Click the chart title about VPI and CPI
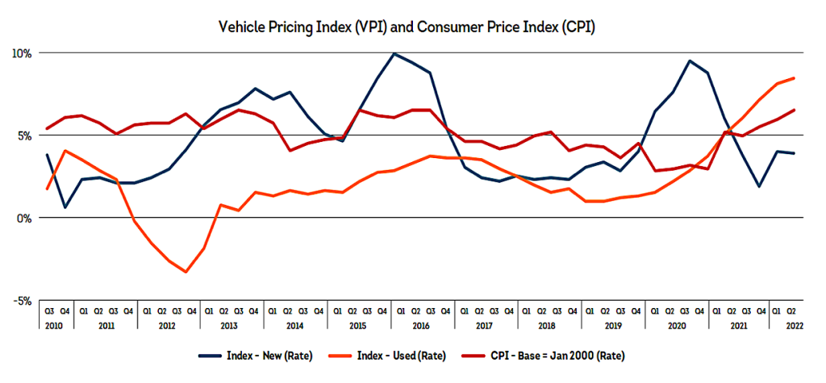pyautogui.click(x=412, y=26)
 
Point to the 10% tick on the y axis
pyautogui.click(x=21, y=53)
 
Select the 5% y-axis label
pyautogui.click(x=23, y=135)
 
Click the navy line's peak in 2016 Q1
pyautogui.click(x=394, y=54)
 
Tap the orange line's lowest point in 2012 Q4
pyautogui.click(x=186, y=272)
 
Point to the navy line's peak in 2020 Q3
pyautogui.click(x=690, y=60)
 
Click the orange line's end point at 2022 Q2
pyautogui.click(x=795, y=78)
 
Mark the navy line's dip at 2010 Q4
pyautogui.click(x=65, y=207)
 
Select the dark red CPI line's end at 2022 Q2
pyautogui.click(x=795, y=110)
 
